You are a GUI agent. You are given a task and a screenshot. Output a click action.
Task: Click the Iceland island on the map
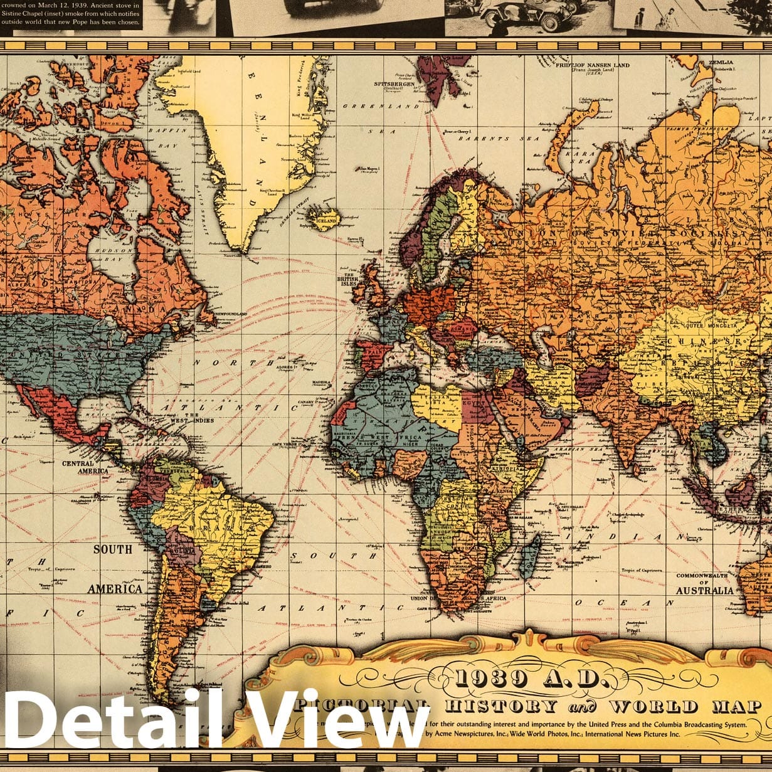click(x=325, y=219)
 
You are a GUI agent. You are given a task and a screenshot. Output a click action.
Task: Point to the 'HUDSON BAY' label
click(x=115, y=254)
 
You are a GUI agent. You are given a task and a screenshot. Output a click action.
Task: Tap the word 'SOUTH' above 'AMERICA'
click(x=113, y=549)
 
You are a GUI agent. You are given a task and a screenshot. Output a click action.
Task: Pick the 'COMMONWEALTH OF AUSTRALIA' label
click(x=703, y=583)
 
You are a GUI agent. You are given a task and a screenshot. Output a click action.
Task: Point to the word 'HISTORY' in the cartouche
click(x=500, y=706)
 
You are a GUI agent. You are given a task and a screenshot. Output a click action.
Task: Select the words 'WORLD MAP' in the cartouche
click(x=685, y=706)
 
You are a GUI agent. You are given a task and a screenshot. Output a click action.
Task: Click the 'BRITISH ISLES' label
click(x=348, y=279)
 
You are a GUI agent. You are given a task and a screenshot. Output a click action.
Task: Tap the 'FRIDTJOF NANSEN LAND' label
click(x=592, y=65)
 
